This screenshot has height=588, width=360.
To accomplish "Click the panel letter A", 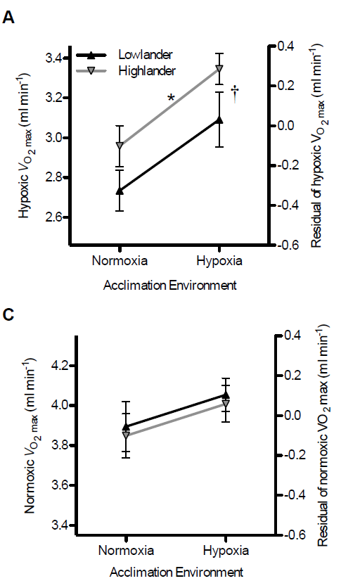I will (9, 18).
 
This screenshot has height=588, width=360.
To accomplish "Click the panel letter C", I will (9, 314).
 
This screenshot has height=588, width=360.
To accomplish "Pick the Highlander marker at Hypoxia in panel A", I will (219, 68).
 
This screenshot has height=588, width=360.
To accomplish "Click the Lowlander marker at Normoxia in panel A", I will (120, 190).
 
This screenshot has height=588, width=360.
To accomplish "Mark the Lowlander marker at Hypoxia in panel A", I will (219, 120).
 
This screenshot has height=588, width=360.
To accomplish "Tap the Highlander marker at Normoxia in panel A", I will (120, 146).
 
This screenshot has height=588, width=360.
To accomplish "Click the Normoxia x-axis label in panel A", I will (120, 261).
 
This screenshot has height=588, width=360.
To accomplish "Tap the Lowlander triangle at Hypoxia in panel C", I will (225, 395).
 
